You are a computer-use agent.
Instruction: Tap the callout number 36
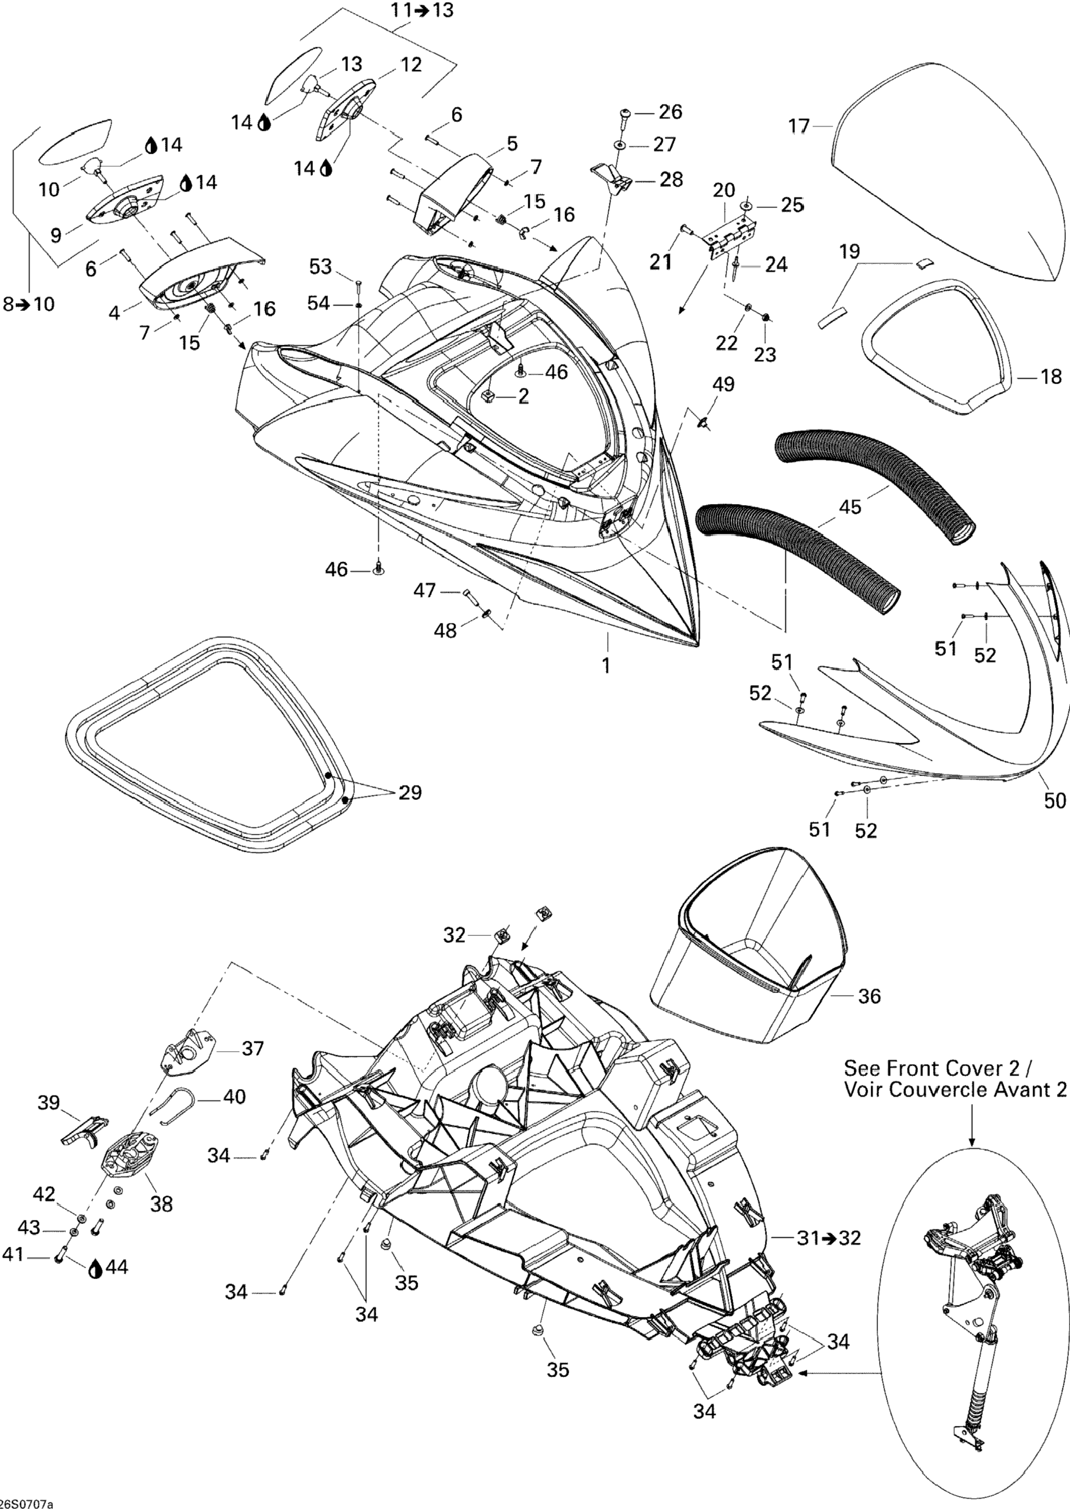click(x=870, y=996)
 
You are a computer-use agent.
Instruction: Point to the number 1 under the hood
click(x=606, y=665)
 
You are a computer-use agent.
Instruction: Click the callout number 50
click(x=1055, y=800)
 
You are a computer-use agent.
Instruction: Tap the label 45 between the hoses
click(x=850, y=507)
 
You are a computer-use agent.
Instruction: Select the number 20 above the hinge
click(x=724, y=191)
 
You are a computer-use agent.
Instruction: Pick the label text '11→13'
click(x=422, y=10)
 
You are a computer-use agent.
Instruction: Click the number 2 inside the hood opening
click(x=524, y=396)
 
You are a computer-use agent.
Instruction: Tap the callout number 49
click(x=724, y=384)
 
